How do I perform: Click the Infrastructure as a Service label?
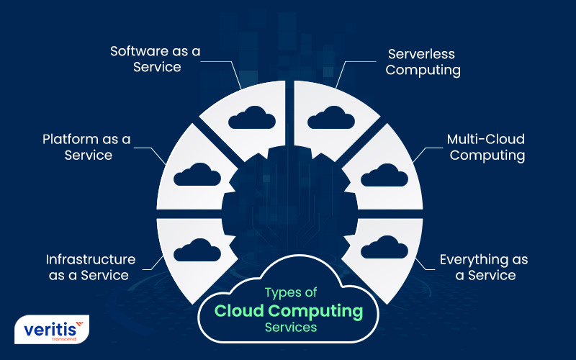point(91,266)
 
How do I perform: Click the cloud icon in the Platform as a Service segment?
point(197,175)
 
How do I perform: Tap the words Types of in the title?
point(289,293)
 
